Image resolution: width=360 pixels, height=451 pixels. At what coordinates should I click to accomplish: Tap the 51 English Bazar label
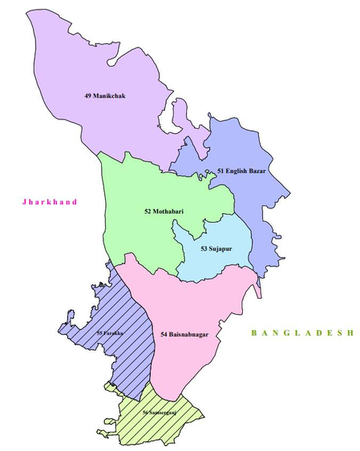[x=241, y=171]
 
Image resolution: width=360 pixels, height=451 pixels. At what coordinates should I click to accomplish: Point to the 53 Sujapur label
[x=216, y=249]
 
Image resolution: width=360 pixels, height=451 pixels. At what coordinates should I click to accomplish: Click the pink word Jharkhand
[x=51, y=203]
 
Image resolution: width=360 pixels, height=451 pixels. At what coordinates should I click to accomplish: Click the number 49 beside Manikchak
[x=87, y=96]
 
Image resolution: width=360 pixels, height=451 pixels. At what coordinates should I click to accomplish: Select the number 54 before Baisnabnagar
[x=164, y=333]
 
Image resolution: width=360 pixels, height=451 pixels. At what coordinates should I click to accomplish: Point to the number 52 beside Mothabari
[x=148, y=211]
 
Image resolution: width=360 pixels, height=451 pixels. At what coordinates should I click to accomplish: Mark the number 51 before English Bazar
[x=220, y=171]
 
